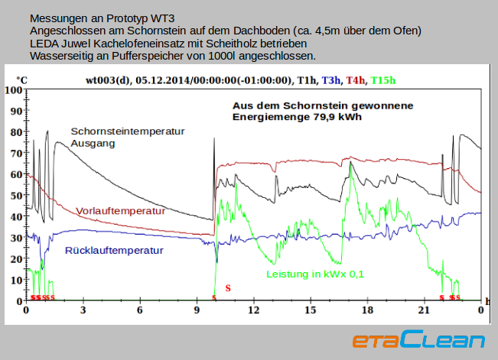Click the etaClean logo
(x=418, y=340)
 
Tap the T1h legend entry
(x=308, y=79)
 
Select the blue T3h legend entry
(x=331, y=79)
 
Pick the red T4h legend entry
(x=355, y=79)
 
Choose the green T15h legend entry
(x=382, y=79)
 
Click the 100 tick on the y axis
(x=13, y=89)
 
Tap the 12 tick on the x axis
(x=253, y=310)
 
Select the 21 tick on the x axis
(x=424, y=310)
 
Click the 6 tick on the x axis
(x=140, y=310)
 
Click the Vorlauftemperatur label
(x=121, y=211)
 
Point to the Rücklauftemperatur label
(x=114, y=250)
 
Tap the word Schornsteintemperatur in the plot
(x=128, y=131)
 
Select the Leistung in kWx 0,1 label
(x=315, y=274)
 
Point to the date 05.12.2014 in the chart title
(x=164, y=79)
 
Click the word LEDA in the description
(x=44, y=44)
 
